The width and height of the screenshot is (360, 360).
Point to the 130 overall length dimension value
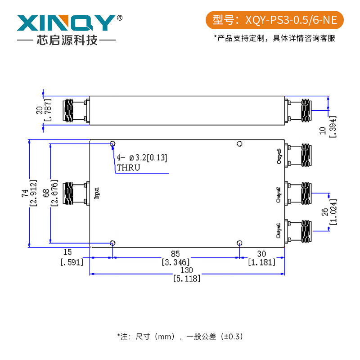tap(187, 270)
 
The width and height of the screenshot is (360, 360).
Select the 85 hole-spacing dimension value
tap(175, 253)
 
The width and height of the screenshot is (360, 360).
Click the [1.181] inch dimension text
tap(261, 262)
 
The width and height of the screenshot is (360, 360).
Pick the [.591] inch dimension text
tap(72, 262)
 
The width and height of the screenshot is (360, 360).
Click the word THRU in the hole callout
tap(128, 168)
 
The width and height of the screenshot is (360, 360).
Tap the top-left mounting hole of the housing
tap(112, 144)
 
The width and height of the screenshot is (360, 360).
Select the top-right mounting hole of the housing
tap(239, 144)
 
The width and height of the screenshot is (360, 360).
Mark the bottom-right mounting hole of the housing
tap(239, 243)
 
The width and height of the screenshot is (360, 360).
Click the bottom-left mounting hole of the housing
tap(112, 243)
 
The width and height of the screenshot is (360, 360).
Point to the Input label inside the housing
tap(97, 193)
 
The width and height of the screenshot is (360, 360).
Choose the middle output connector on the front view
tap(300, 193)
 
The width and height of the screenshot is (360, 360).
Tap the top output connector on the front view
tap(300, 155)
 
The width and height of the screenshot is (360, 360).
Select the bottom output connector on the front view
tap(300, 230)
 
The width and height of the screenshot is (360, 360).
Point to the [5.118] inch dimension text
tap(187, 279)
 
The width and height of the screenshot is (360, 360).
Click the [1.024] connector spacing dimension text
tap(333, 211)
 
